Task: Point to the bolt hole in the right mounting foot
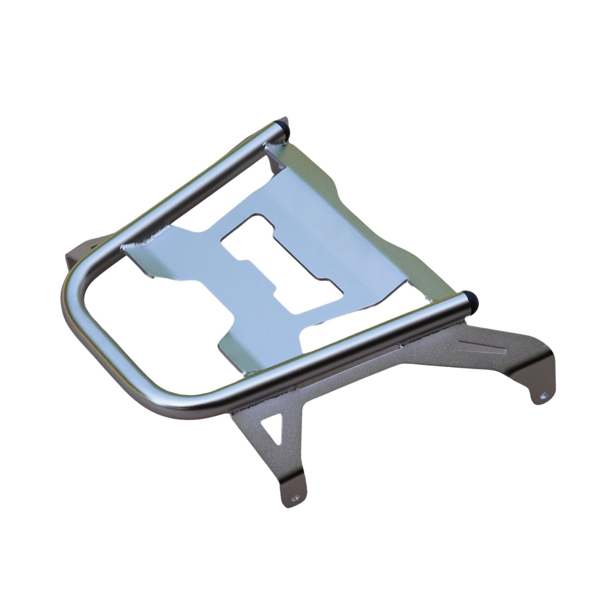click(x=544, y=396)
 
